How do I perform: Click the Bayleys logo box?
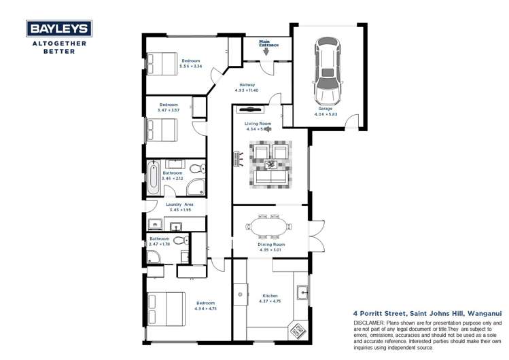[58, 29]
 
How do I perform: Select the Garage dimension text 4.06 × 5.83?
[325, 113]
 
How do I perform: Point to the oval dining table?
[270, 225]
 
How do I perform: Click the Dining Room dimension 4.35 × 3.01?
[270, 249]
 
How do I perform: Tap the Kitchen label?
[270, 295]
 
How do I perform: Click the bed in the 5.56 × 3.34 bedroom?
[163, 63]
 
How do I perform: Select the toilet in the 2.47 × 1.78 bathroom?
[180, 240]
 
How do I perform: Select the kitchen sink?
[303, 293]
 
